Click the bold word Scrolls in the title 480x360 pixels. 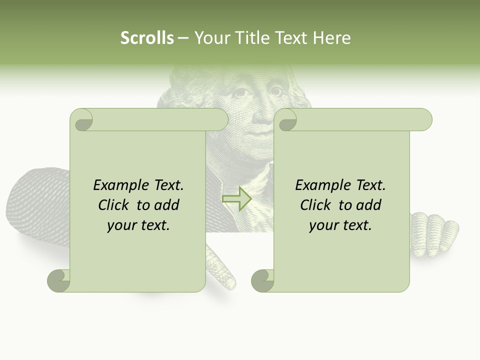point(147,38)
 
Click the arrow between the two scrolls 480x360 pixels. point(237,198)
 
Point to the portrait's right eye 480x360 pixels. point(276,91)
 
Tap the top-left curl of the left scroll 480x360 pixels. point(81,120)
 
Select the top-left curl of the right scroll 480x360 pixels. point(285,120)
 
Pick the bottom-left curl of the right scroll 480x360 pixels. point(262,280)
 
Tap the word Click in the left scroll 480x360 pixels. point(114,205)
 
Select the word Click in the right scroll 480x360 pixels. point(316,205)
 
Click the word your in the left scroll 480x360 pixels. point(121,225)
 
